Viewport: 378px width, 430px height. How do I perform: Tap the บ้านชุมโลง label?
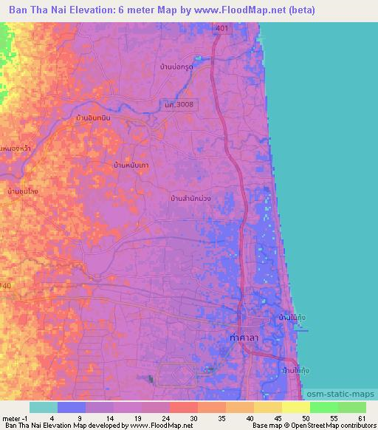coord(23,191)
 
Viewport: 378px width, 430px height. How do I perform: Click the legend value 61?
coord(361,417)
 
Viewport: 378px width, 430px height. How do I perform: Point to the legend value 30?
coord(192,417)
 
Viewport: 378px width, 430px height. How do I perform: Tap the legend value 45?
coord(277,417)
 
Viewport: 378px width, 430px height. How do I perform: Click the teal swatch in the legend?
coord(44,407)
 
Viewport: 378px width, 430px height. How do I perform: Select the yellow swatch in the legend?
coord(296,407)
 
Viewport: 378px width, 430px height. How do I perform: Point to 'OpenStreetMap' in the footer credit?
coord(309,426)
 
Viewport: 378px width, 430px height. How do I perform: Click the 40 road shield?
coord(7,284)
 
